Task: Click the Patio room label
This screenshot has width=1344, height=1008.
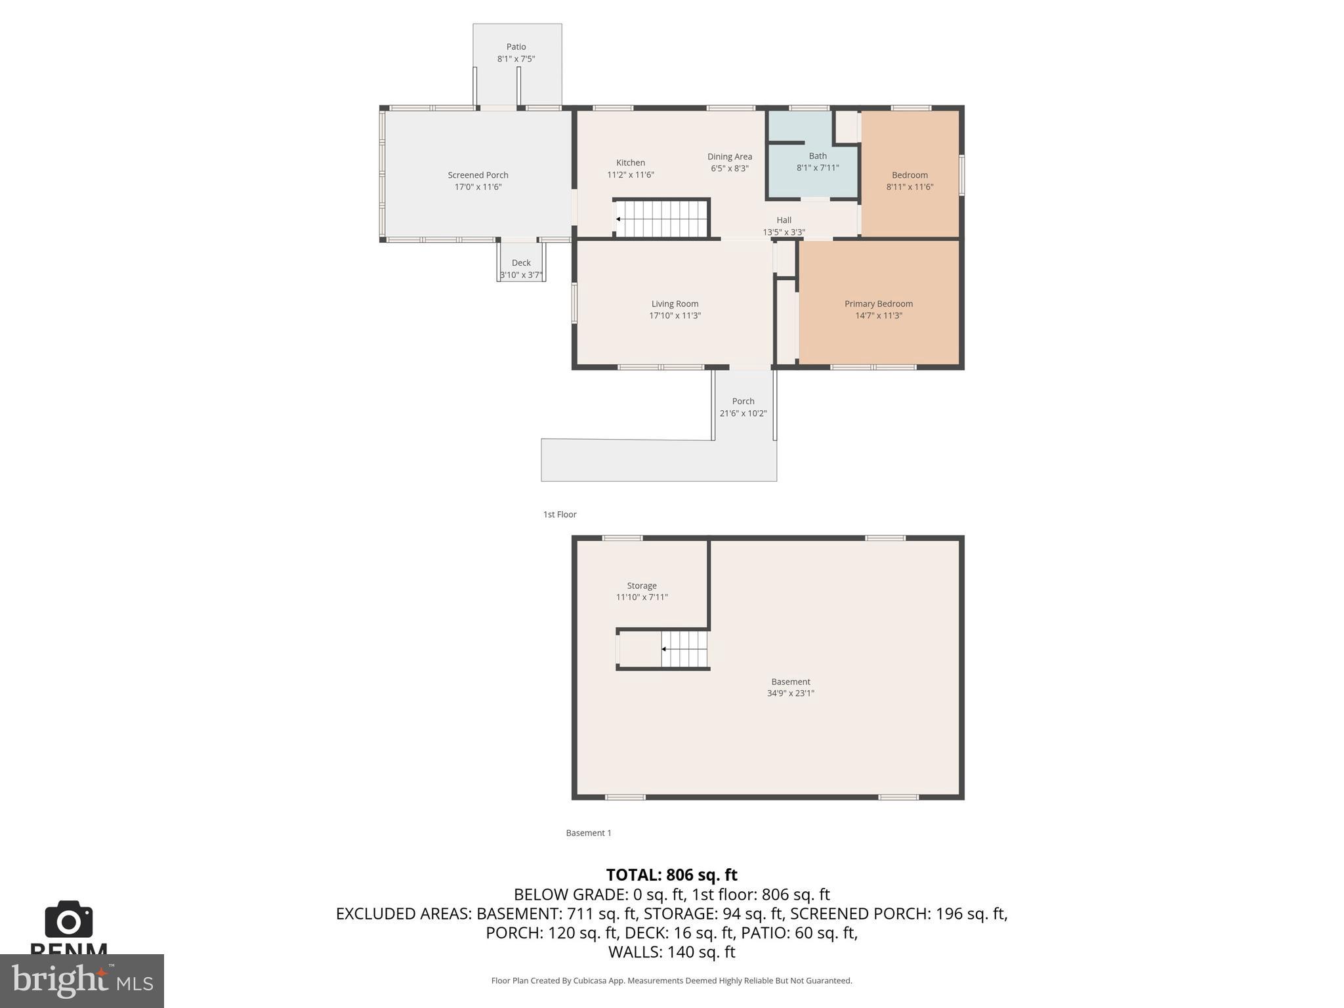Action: point(516,47)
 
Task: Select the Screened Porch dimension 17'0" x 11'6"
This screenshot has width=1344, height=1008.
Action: point(478,187)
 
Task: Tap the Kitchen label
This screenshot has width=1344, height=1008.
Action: point(630,163)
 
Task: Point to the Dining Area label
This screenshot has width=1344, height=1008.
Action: point(729,157)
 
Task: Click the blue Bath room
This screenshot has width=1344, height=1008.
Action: point(814,177)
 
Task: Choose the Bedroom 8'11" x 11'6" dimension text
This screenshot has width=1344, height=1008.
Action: point(910,187)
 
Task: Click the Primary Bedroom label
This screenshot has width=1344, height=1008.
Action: point(878,304)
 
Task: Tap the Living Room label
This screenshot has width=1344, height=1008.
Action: point(675,304)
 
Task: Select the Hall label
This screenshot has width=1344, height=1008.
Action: point(784,220)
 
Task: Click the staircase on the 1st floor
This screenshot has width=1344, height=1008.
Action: point(661,219)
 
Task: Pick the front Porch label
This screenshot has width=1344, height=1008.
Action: point(743,401)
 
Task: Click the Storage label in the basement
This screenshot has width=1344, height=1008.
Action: point(641,585)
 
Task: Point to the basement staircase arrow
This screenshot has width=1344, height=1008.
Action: point(664,649)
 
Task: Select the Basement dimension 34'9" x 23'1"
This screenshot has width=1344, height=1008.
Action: point(790,693)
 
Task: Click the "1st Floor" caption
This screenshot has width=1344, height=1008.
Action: point(560,514)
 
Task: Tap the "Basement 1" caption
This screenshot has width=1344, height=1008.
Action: point(588,833)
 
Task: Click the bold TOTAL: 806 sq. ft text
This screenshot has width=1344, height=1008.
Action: point(671,875)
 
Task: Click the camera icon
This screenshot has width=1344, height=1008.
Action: point(69,920)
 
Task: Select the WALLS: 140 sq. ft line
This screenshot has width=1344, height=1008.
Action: point(671,952)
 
